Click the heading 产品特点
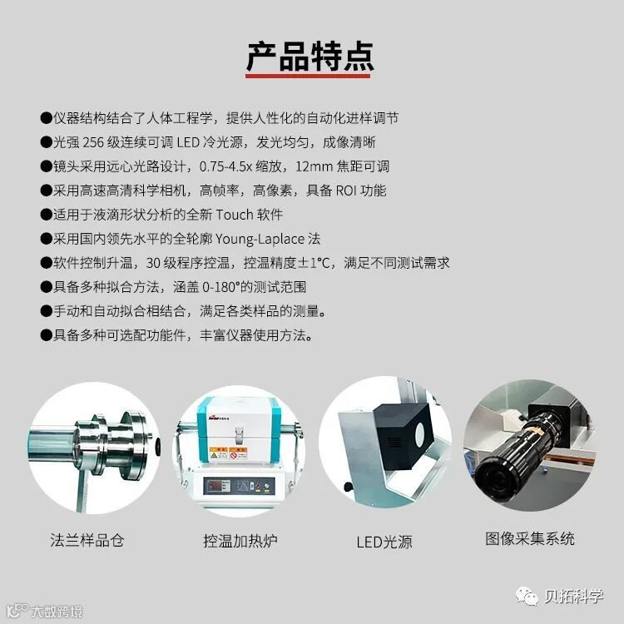pyautogui.click(x=310, y=57)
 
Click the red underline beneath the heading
pyautogui.click(x=308, y=76)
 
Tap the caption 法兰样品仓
pyautogui.click(x=87, y=541)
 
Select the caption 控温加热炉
pyautogui.click(x=240, y=541)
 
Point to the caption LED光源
pyautogui.click(x=384, y=542)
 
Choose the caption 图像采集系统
pyautogui.click(x=530, y=539)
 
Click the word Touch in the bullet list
pyautogui.click(x=235, y=215)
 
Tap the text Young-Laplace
pyautogui.click(x=260, y=239)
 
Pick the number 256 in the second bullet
pyautogui.click(x=93, y=142)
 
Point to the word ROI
pyautogui.click(x=346, y=191)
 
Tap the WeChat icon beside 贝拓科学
pyautogui.click(x=527, y=597)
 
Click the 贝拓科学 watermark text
pyautogui.click(x=573, y=597)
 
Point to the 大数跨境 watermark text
pyautogui.click(x=57, y=612)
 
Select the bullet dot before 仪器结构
pyautogui.click(x=46, y=118)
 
